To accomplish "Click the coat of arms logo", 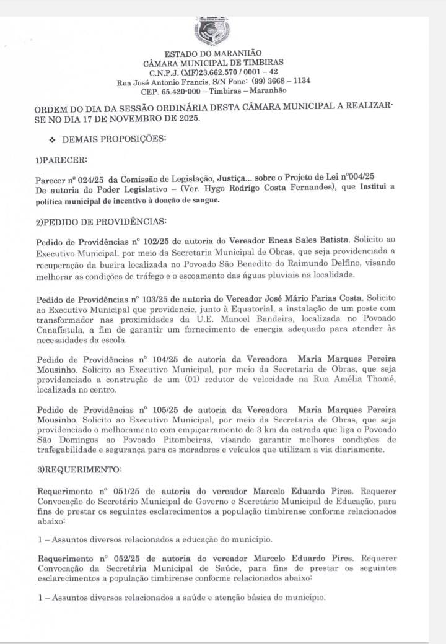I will click(x=212, y=30).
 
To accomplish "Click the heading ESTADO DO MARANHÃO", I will click(x=212, y=53).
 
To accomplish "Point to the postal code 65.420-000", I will click(x=180, y=90).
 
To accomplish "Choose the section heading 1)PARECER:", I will click(x=61, y=160).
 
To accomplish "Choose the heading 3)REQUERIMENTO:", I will click(x=79, y=469).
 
